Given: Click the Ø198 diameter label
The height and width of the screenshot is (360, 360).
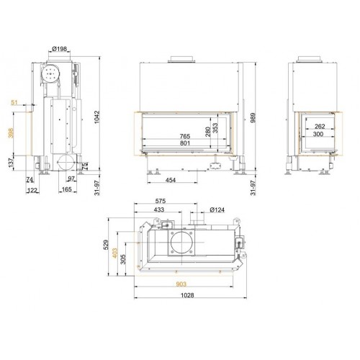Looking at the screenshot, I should point(59,49).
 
